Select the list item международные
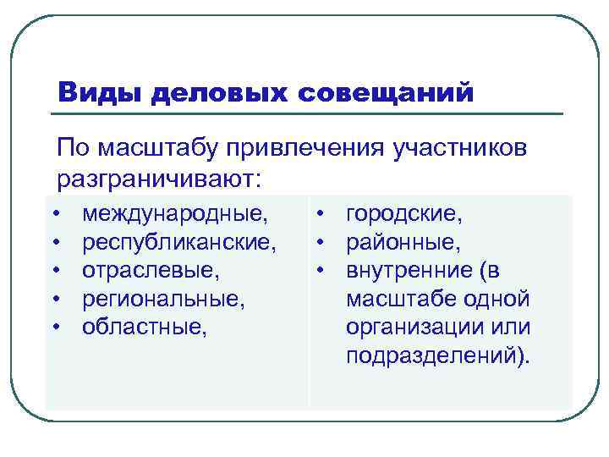(178, 216)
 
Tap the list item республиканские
(179, 244)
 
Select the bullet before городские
(324, 217)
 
